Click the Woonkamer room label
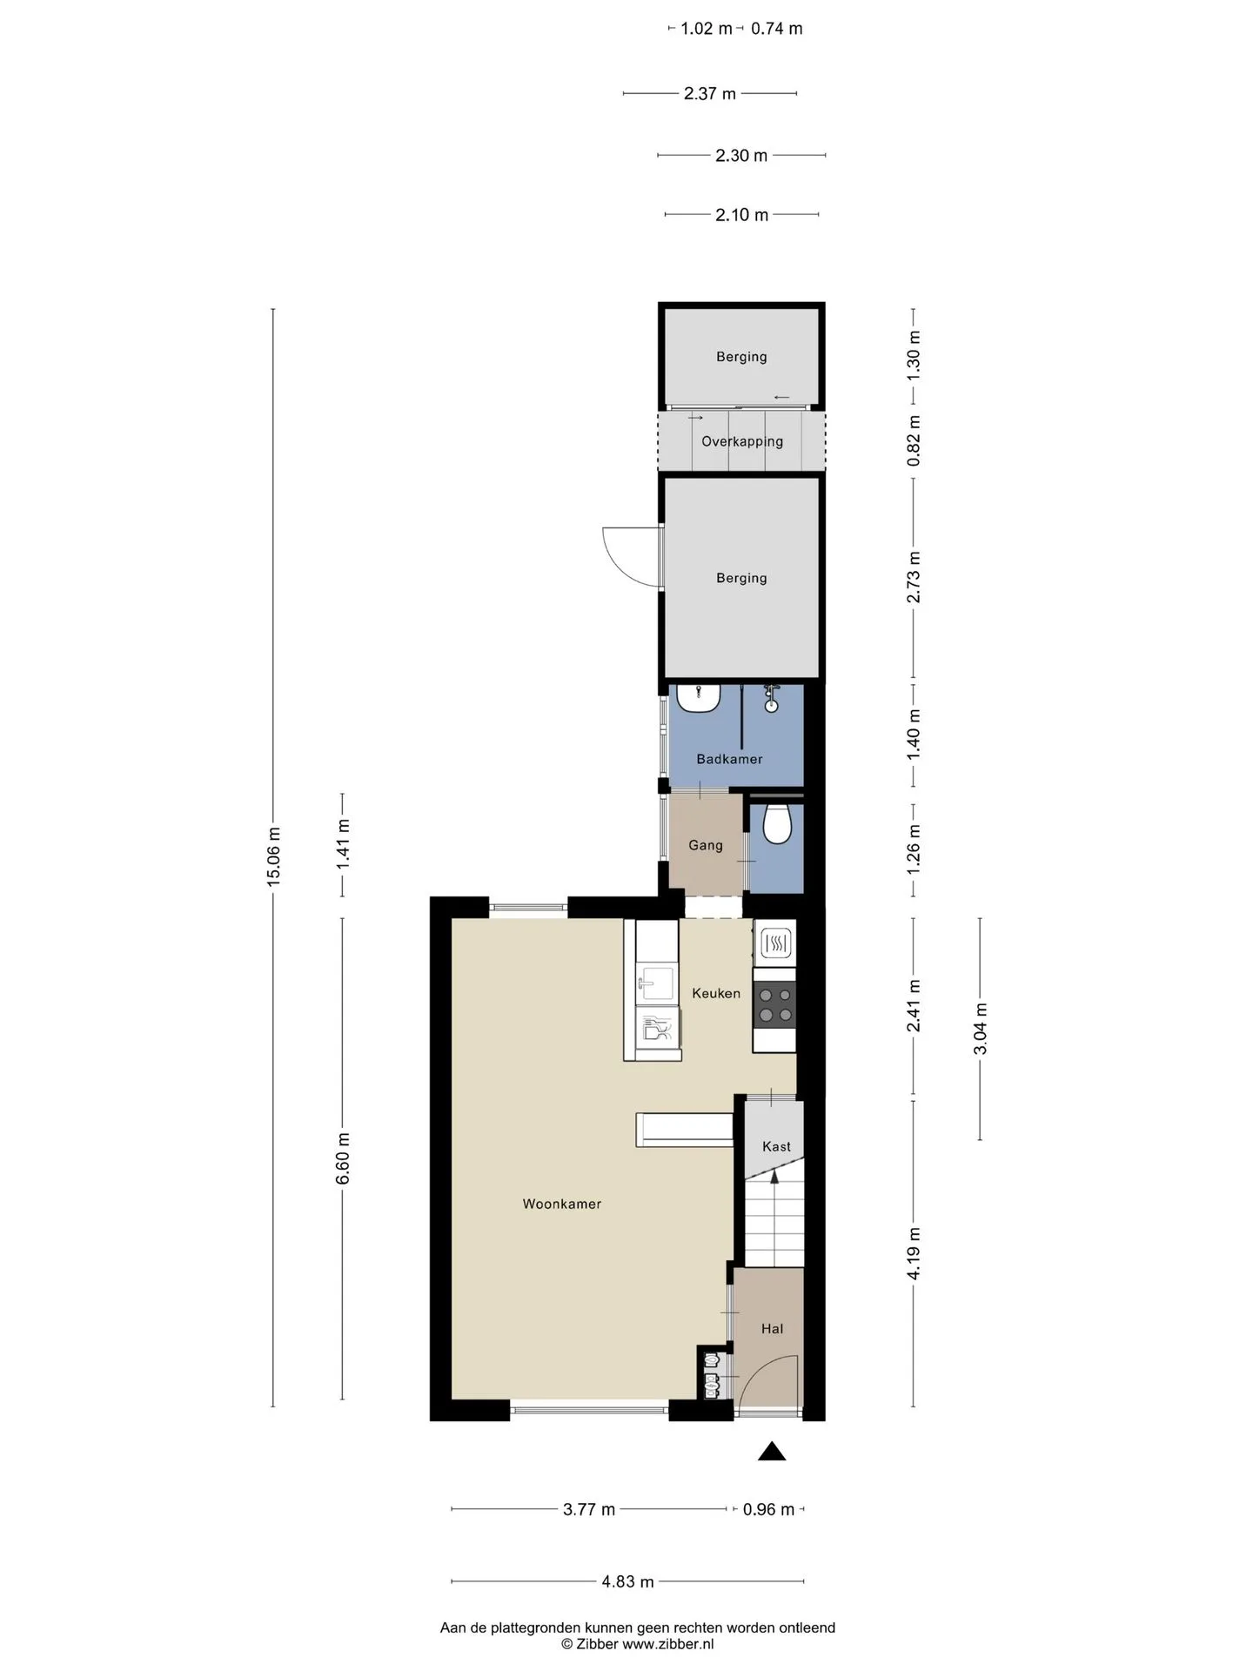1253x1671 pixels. (x=561, y=1204)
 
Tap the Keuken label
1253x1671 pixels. (x=716, y=993)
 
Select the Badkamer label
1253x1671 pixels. (x=729, y=759)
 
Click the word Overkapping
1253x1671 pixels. (x=742, y=441)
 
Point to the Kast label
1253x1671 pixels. (x=776, y=1146)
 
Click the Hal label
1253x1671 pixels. (x=772, y=1328)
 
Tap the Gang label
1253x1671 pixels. (x=706, y=845)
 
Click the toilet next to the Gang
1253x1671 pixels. (x=776, y=823)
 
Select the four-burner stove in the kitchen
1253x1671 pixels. (x=774, y=1003)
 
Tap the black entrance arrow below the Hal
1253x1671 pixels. (x=772, y=1451)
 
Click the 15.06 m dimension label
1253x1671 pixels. (x=273, y=855)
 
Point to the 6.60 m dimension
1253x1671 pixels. (x=343, y=1158)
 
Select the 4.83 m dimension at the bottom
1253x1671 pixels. (x=627, y=1581)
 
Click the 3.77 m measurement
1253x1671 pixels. (x=589, y=1509)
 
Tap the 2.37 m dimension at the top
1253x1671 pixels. (x=710, y=93)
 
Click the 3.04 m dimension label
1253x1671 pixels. (x=980, y=1029)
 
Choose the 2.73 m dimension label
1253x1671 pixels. (x=914, y=577)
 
